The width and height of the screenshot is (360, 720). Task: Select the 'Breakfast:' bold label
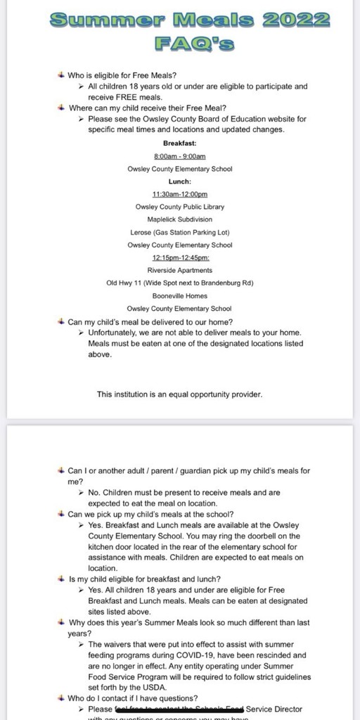click(180, 143)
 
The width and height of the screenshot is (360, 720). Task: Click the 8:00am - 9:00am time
click(180, 156)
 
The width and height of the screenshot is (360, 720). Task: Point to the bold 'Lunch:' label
click(180, 181)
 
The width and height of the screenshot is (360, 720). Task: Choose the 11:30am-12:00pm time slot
click(180, 194)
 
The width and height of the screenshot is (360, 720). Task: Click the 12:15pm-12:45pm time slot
click(180, 257)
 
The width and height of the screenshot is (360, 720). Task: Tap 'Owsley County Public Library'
click(180, 207)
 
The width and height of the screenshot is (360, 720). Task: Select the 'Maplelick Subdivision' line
click(180, 219)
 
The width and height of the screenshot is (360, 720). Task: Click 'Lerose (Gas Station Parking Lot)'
click(180, 232)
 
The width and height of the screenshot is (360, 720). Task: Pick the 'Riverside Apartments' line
click(180, 270)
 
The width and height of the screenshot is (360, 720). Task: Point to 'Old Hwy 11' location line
click(180, 283)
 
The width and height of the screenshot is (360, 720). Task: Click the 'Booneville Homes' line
click(180, 295)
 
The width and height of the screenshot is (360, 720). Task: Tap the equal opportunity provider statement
click(179, 394)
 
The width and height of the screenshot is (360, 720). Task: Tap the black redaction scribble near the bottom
click(154, 709)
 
